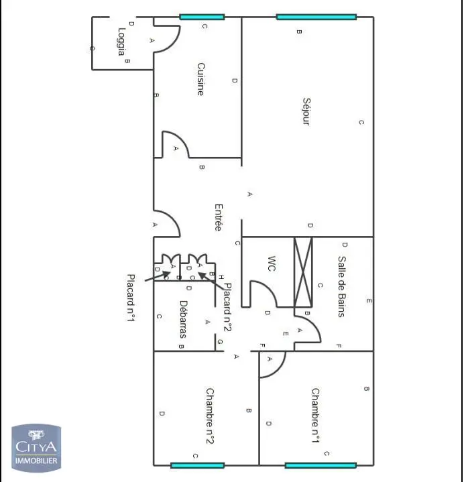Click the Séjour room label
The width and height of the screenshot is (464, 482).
306,112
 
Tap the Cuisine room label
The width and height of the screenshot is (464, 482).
200,79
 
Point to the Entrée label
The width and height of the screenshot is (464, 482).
218,217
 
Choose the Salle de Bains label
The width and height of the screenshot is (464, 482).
342,286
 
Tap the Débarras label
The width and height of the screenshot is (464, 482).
184,318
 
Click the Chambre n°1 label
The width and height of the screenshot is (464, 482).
315,416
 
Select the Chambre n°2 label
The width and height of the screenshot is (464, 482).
209,416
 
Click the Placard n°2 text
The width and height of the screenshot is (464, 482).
227,307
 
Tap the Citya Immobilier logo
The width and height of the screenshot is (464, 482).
36,446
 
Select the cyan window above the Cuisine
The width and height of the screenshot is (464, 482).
202,17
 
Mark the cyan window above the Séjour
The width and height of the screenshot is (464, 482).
316,17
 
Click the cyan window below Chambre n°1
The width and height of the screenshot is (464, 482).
320,465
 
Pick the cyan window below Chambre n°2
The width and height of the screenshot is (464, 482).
197,465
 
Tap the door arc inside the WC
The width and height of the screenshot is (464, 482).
263,294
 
